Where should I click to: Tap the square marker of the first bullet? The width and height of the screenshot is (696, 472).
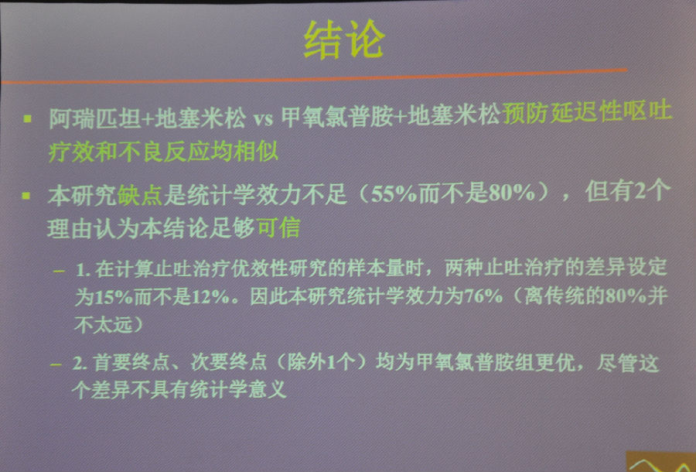[28, 118]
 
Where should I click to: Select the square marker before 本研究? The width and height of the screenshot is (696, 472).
[26, 196]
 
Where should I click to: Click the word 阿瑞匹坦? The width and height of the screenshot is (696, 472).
[94, 118]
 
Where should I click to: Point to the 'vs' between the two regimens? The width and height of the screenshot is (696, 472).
[263, 119]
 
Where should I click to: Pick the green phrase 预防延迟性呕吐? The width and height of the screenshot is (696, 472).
[588, 111]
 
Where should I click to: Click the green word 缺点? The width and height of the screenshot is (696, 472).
[140, 195]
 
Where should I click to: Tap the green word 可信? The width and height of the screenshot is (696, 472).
[278, 227]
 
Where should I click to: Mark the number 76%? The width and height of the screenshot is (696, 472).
[483, 296]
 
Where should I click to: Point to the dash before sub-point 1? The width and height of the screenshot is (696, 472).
[59, 271]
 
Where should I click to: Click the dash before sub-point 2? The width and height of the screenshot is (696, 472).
[56, 365]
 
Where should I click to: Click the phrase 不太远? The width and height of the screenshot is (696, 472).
[104, 324]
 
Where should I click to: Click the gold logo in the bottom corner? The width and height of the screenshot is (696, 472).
[661, 462]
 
